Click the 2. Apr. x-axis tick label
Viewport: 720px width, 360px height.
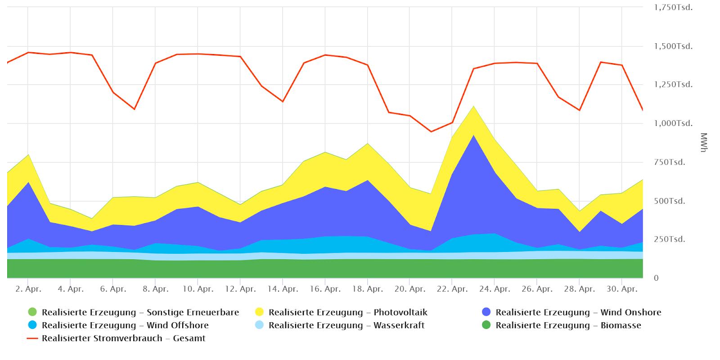(28, 289)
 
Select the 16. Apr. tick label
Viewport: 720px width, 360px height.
(325, 289)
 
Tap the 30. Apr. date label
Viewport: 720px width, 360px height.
(622, 289)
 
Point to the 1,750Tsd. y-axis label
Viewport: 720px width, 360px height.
(673, 7)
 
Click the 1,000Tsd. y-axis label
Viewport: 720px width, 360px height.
(673, 123)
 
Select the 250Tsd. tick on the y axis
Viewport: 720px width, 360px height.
(669, 239)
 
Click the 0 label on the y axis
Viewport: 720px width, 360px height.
(656, 278)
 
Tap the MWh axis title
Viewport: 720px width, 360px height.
(704, 142)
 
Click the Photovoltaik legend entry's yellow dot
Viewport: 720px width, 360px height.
(259, 312)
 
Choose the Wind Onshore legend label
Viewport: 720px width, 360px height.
(578, 312)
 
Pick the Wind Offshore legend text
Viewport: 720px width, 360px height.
(125, 325)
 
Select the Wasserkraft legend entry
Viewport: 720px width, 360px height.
(346, 325)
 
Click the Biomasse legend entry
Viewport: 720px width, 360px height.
(568, 325)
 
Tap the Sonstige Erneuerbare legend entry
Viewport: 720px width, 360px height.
(140, 312)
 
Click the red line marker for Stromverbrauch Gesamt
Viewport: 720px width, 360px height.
(32, 338)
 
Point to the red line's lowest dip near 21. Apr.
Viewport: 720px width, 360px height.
(431, 131)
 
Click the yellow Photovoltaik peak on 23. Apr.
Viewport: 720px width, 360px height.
(473, 107)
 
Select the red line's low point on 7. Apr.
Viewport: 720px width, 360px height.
(134, 109)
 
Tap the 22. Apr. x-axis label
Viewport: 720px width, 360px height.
(452, 289)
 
